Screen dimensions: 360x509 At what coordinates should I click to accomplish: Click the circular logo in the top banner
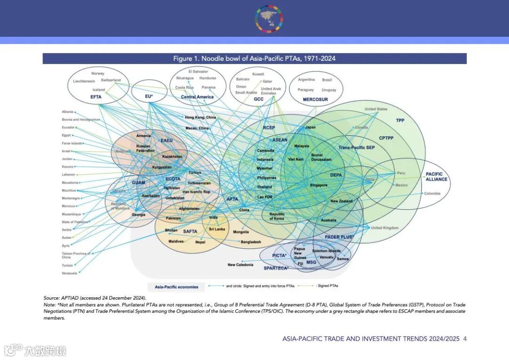tap(270, 19)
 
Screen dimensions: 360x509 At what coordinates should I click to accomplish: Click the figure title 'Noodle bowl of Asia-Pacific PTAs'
tap(254, 58)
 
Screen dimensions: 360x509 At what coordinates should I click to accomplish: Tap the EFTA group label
tap(96, 97)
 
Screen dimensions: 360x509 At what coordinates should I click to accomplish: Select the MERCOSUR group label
tap(315, 99)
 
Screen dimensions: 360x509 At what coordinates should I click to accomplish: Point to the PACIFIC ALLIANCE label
tap(436, 177)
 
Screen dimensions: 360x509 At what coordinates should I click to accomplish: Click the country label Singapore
tap(319, 185)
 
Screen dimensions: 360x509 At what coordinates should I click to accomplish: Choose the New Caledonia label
tap(240, 265)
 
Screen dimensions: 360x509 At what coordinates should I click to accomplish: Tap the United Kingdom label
tap(385, 228)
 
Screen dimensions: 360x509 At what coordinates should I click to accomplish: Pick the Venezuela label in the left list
tap(69, 273)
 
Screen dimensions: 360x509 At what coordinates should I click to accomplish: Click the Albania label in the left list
tap(67, 112)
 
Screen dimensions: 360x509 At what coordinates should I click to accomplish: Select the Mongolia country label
tap(241, 232)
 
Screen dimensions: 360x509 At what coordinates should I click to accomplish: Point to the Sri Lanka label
tap(217, 229)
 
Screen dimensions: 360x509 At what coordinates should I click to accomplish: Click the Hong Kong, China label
tap(200, 117)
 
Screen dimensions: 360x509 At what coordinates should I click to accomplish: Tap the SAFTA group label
tap(190, 231)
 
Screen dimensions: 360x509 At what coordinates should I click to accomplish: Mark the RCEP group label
tap(269, 128)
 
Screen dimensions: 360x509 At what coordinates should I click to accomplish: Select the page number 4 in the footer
tap(465, 339)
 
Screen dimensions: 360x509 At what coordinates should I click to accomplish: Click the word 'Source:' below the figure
tap(51, 298)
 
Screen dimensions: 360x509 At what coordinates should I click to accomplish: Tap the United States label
tap(376, 109)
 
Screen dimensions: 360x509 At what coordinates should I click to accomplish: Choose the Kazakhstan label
tap(172, 156)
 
